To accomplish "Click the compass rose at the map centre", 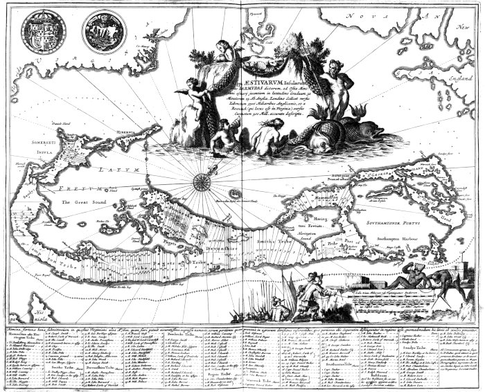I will tap(202, 182).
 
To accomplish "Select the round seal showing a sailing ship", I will tap(102, 30).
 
